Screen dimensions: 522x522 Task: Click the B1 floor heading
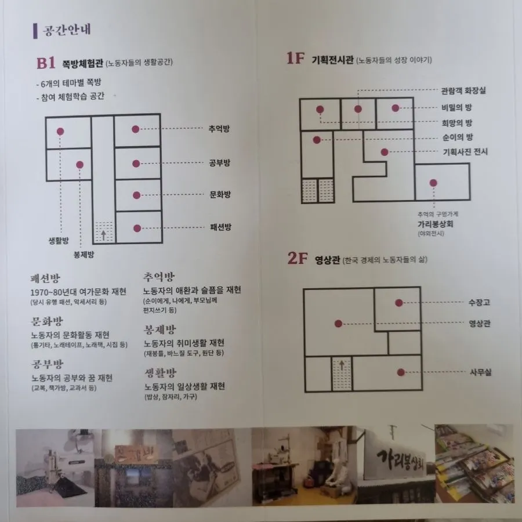tap(46, 63)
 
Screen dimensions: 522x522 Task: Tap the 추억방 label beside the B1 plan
tap(219, 129)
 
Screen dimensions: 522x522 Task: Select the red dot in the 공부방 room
tap(136, 164)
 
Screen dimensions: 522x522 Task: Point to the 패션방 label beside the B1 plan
tap(220, 227)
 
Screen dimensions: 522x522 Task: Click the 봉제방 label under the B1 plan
tap(84, 255)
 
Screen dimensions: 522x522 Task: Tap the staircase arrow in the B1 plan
tap(104, 235)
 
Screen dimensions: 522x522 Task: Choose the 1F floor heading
tap(295, 58)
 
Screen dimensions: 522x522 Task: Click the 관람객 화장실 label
tap(463, 90)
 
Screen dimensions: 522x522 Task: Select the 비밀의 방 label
tap(457, 107)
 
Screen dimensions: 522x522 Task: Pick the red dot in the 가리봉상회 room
tap(433, 183)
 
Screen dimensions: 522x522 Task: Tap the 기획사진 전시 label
tap(465, 152)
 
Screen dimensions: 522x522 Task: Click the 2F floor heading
tap(298, 258)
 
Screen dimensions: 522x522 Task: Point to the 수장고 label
tap(479, 302)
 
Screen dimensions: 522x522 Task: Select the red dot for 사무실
tap(401, 372)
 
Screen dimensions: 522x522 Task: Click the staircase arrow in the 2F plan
tap(342, 365)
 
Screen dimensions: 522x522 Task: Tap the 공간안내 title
tap(67, 30)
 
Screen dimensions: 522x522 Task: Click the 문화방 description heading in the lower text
tap(47, 321)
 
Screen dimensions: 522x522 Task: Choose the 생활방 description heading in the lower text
tap(160, 373)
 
